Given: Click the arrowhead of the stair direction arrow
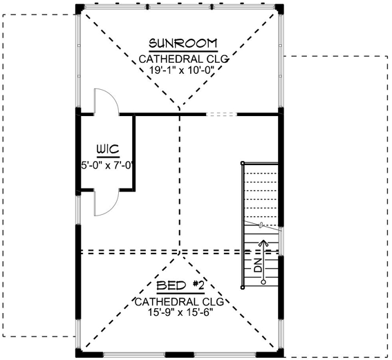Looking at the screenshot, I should (263, 242).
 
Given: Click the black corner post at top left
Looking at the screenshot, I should (80, 8).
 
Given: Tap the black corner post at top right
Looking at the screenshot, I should (279, 8).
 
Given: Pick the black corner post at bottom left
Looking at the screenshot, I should (80, 353).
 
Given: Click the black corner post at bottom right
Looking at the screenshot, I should (279, 353).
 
